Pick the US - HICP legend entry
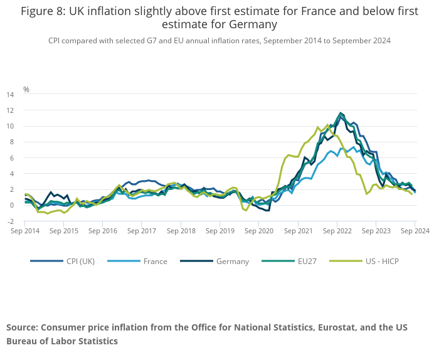click(381, 261)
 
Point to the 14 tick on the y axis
click(10, 94)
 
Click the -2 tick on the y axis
click(10, 221)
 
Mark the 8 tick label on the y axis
click(11, 142)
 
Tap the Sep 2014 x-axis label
click(25, 231)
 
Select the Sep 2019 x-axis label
click(220, 231)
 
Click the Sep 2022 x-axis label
click(337, 231)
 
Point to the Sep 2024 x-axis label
click(415, 231)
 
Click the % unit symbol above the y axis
click(26, 89)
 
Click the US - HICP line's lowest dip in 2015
click(48, 214)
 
